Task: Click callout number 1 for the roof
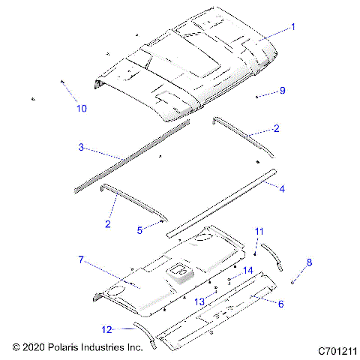292,27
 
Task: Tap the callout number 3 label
81,147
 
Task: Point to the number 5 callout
139,230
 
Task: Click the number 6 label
280,304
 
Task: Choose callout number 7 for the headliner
79,259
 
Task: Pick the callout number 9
282,91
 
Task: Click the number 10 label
81,108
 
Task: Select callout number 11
259,230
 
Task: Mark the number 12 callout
107,328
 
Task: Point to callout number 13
199,300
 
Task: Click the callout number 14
247,270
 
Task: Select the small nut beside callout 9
257,97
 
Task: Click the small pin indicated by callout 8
293,281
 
